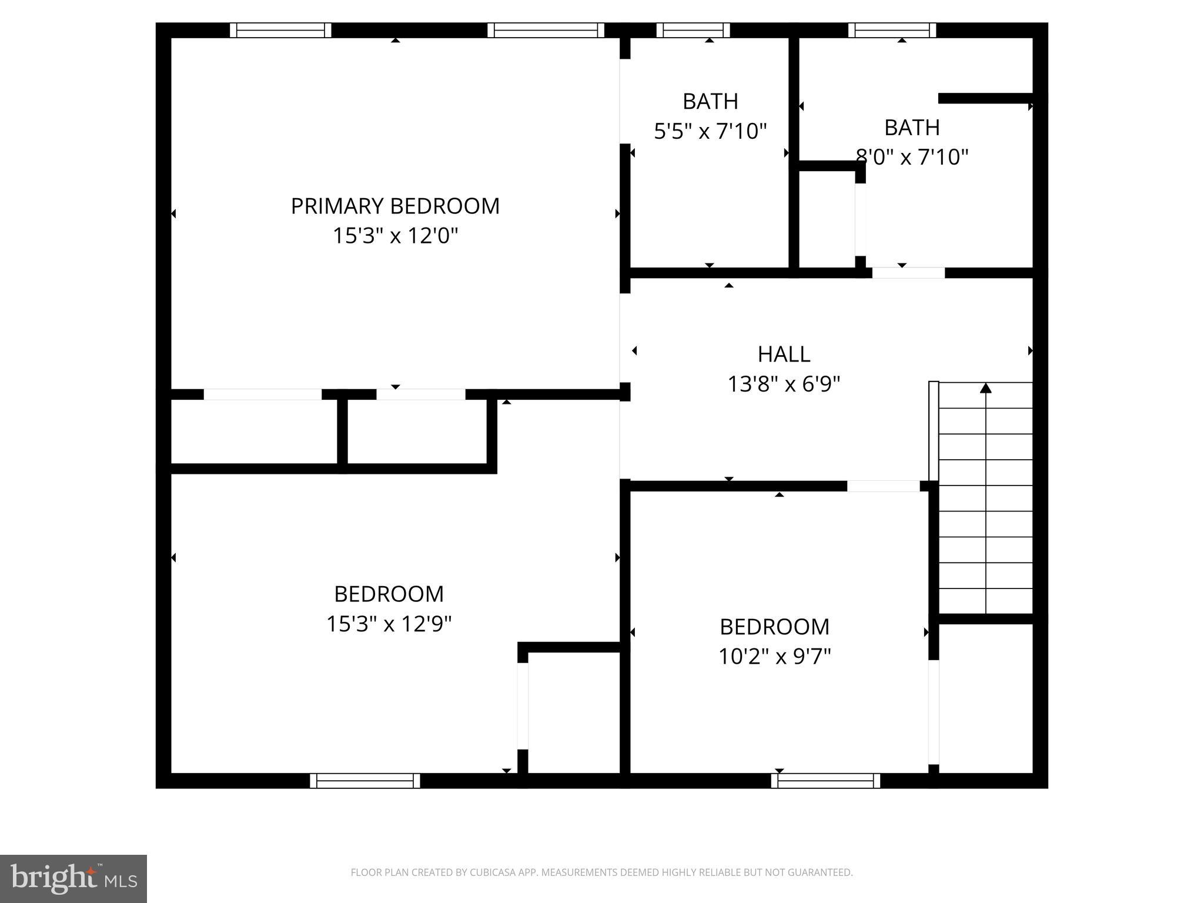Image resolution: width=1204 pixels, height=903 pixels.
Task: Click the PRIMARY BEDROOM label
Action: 395,206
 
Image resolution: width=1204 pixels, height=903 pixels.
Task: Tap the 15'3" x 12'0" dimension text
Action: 395,236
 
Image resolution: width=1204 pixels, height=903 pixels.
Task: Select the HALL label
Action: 784,354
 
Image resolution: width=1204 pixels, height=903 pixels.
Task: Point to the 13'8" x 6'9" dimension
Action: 784,384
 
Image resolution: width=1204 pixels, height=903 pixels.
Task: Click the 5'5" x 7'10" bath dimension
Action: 710,131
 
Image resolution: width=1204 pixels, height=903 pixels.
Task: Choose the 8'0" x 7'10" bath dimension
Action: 912,158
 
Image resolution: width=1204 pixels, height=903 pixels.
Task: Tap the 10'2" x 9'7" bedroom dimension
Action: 774,657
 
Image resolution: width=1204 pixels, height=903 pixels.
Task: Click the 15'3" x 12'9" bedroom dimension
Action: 389,624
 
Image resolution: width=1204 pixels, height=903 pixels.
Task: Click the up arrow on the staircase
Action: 986,388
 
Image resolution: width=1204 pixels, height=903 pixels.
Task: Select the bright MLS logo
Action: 73,879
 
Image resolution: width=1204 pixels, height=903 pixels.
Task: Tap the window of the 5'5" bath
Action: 693,30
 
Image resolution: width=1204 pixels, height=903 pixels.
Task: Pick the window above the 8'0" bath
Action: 892,30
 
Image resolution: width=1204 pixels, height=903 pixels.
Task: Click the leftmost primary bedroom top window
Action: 280,30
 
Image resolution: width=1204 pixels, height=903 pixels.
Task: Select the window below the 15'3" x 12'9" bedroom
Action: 364,781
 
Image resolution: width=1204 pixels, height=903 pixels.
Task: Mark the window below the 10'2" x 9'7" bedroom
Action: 825,781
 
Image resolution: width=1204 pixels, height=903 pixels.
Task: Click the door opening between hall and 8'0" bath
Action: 908,273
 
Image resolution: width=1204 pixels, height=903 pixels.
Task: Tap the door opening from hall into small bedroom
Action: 883,486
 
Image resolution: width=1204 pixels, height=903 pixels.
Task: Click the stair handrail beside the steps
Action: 934,431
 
